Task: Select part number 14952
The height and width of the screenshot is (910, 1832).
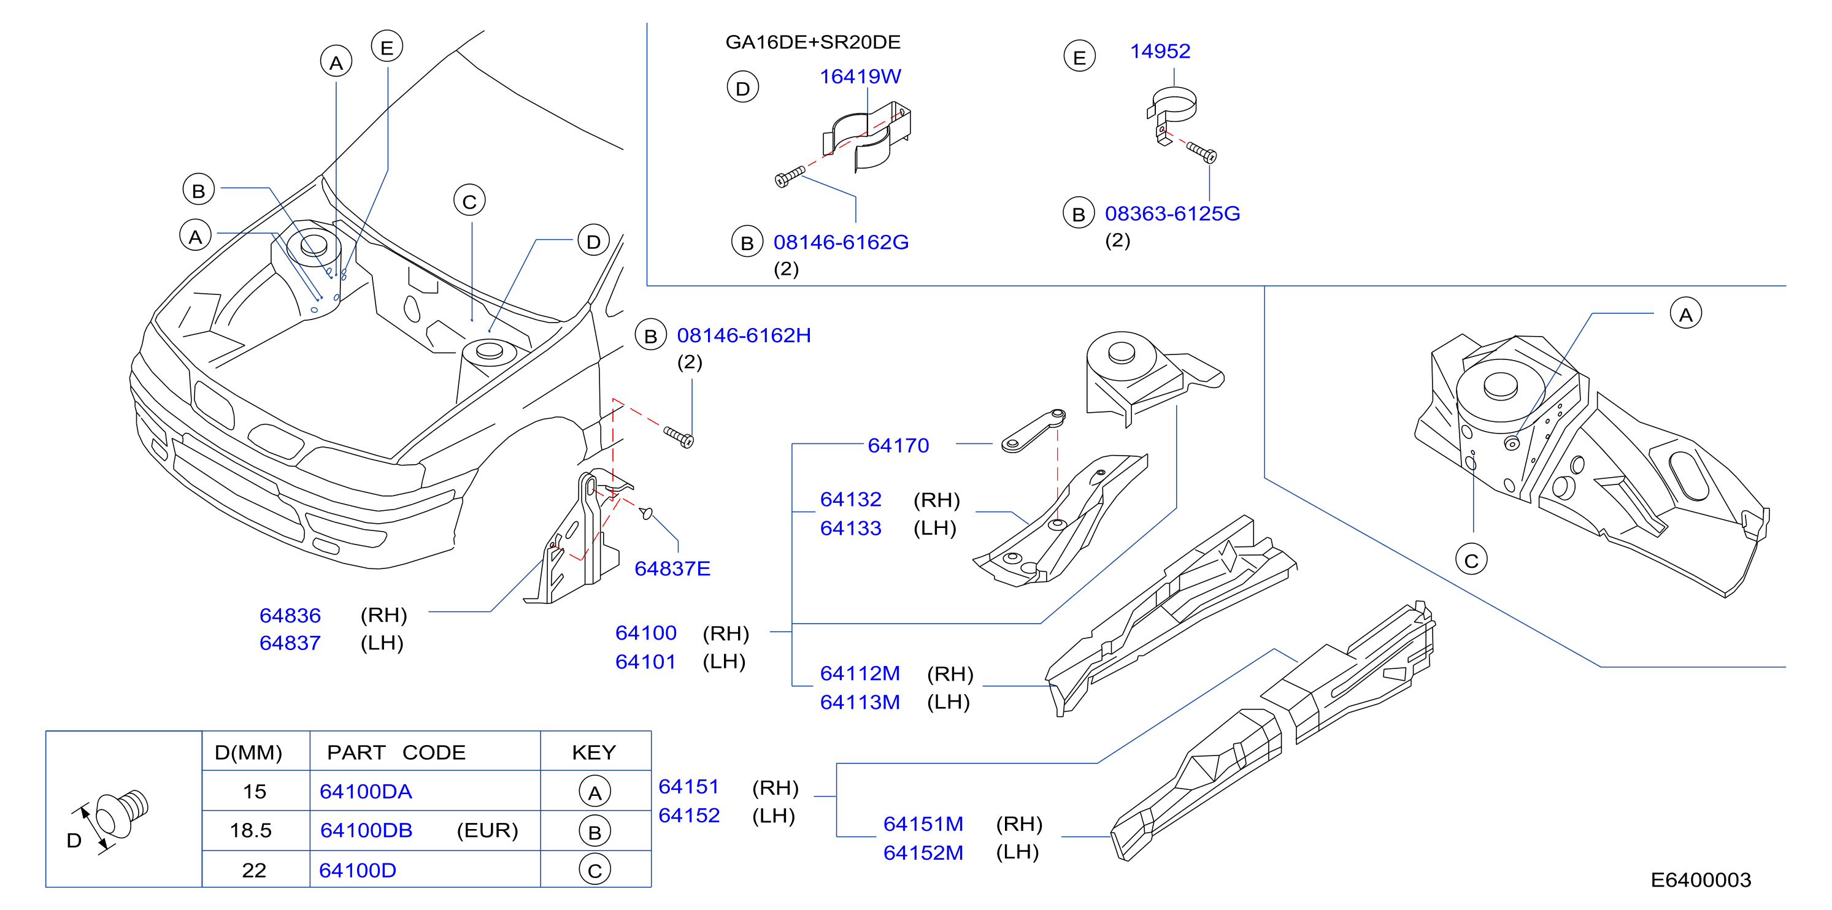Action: tap(1160, 51)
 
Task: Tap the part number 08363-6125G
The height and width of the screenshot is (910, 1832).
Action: tap(1172, 213)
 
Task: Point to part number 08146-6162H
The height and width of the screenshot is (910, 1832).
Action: tap(744, 335)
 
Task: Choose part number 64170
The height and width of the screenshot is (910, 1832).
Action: tap(898, 445)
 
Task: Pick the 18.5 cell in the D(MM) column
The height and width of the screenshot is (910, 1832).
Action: tap(250, 830)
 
